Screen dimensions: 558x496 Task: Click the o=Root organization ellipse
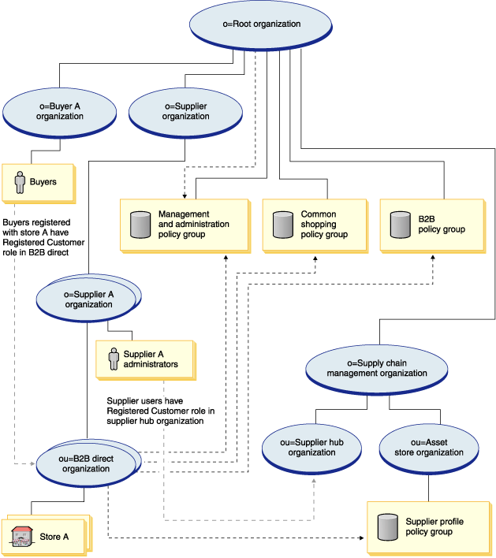click(250, 24)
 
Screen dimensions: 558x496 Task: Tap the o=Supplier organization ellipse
click(185, 111)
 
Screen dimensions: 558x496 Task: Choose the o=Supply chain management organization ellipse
click(381, 368)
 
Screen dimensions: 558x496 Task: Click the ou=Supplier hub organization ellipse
click(311, 448)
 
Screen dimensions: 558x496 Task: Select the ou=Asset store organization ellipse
click(428, 448)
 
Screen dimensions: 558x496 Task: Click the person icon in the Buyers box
click(20, 182)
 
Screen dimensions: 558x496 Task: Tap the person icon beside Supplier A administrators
click(114, 359)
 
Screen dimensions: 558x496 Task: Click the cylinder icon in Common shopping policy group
click(282, 225)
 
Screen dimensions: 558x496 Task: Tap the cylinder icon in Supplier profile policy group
click(387, 527)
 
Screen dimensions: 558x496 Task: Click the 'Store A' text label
click(54, 538)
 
